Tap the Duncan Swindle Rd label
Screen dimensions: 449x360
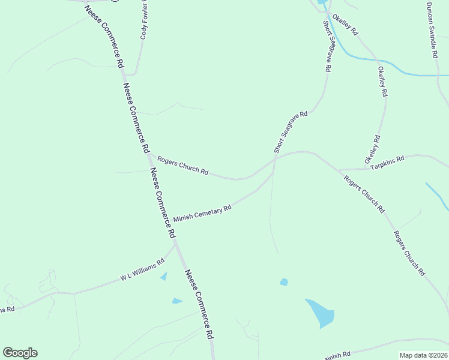coord(430,29)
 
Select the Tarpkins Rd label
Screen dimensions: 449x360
coord(388,161)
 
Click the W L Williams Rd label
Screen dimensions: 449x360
coord(142,270)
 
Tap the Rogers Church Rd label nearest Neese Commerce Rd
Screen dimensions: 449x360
coord(182,166)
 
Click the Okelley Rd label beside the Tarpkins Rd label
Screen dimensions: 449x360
coord(373,150)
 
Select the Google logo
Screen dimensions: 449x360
coord(20,353)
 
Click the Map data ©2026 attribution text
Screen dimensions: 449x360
coord(423,355)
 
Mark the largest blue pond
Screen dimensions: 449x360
coord(321,312)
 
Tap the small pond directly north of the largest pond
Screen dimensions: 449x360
coord(284,281)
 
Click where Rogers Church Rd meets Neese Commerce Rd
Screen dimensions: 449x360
coord(149,155)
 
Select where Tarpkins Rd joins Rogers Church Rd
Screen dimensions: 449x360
coord(337,170)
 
